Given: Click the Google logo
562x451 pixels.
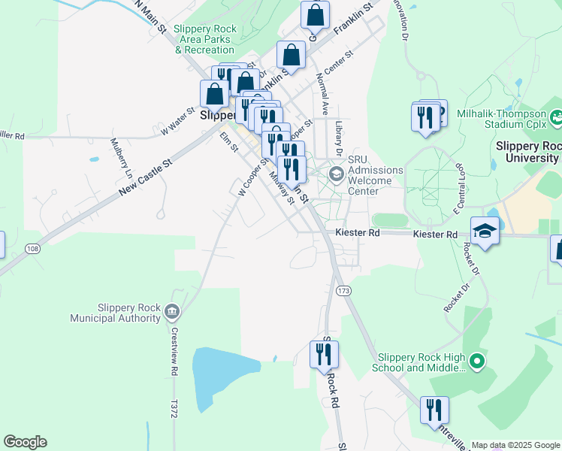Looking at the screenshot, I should click(25, 442).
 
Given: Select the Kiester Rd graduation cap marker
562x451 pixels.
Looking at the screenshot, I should click(485, 232).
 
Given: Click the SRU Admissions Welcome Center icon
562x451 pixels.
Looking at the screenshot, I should click(336, 175).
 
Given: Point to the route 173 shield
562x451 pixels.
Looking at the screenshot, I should click(344, 290).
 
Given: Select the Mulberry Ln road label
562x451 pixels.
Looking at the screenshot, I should click(120, 157).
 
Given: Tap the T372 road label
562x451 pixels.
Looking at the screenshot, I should click(174, 409).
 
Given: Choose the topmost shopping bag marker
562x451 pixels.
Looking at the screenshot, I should click(315, 14).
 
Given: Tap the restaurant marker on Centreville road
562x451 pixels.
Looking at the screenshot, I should click(434, 410).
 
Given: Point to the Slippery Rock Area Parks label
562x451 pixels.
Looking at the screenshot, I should click(205, 39).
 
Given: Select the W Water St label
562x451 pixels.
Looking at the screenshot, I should click(177, 120).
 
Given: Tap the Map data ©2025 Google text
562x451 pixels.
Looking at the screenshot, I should click(515, 445).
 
